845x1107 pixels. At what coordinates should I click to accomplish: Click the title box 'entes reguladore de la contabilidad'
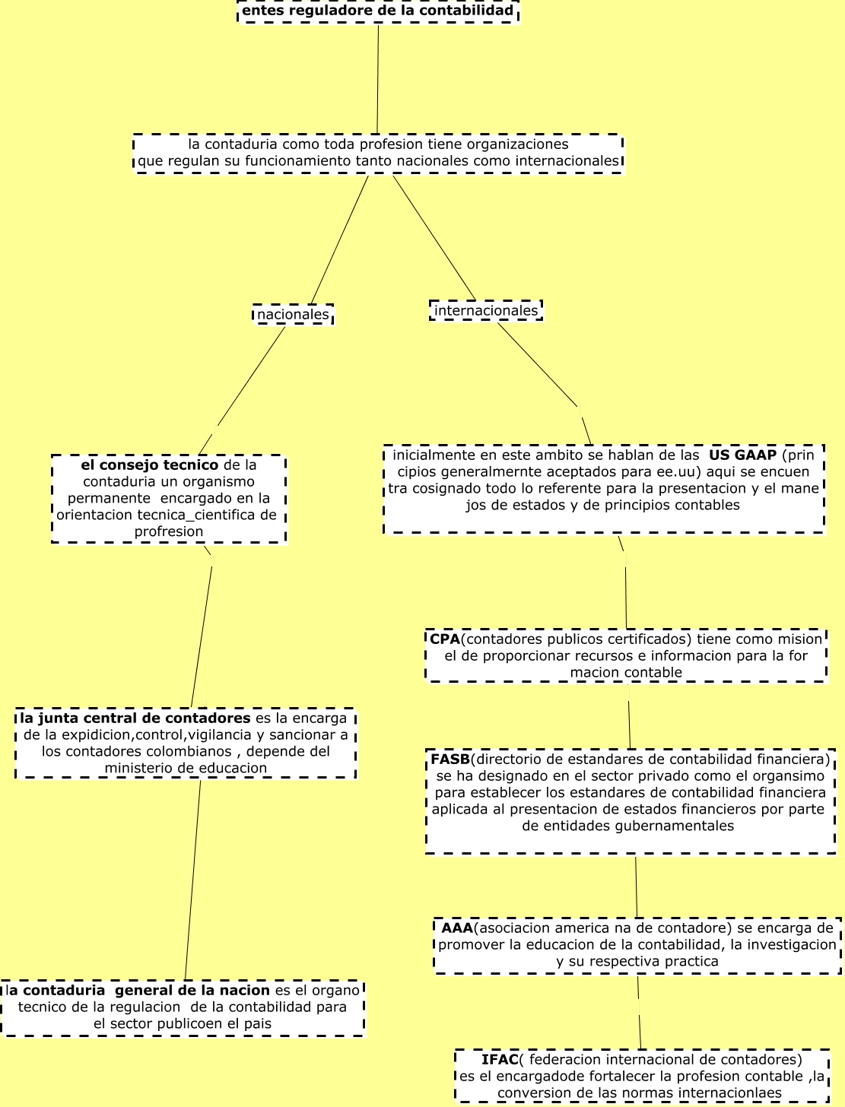[378, 11]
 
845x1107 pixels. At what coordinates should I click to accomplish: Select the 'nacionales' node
[293, 314]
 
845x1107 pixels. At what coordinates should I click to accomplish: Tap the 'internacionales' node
[486, 310]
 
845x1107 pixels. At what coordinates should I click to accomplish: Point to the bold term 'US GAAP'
[742, 455]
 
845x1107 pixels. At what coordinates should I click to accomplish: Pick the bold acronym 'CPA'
[445, 639]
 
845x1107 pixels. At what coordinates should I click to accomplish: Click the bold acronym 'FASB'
[450, 759]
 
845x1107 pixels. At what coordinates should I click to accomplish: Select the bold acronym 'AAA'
[457, 928]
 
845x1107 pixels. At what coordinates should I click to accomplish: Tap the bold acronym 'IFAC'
[500, 1059]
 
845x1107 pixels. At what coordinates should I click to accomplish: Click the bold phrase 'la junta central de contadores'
[135, 718]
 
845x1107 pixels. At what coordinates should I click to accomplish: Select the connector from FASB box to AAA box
[637, 886]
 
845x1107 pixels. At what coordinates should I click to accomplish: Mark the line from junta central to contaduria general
[193, 879]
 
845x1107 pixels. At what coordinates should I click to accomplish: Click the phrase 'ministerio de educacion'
[186, 768]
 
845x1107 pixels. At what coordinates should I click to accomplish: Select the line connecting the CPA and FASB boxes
[629, 715]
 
